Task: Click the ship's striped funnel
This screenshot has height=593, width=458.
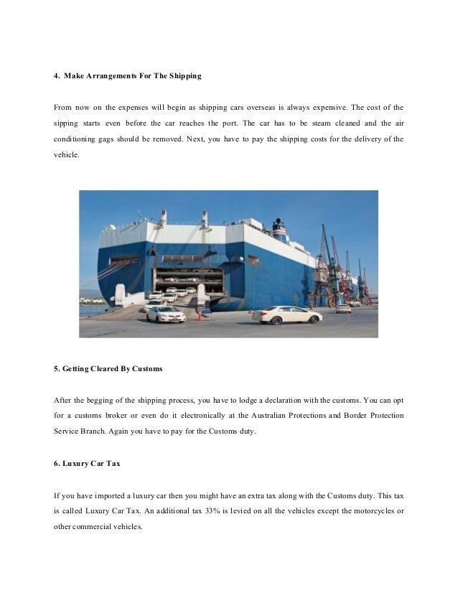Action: coord(279,230)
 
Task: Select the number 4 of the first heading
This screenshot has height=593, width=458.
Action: coord(57,75)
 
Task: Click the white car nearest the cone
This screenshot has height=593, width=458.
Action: coord(166,314)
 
